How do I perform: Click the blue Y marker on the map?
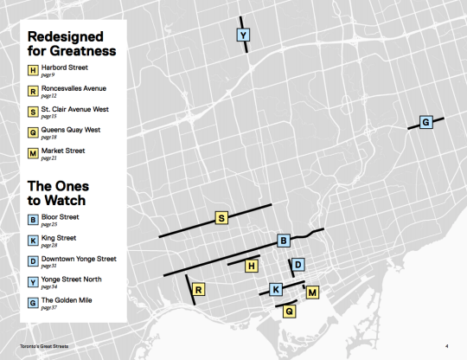click(243, 35)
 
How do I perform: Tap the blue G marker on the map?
click(425, 123)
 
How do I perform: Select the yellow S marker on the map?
click(221, 218)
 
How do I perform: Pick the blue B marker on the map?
click(283, 240)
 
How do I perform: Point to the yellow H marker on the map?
click(252, 267)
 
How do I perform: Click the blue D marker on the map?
click(297, 264)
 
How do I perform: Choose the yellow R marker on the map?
click(199, 289)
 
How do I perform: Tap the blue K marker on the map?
click(275, 289)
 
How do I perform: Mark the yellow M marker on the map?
click(312, 292)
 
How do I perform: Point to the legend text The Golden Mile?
click(68, 300)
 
